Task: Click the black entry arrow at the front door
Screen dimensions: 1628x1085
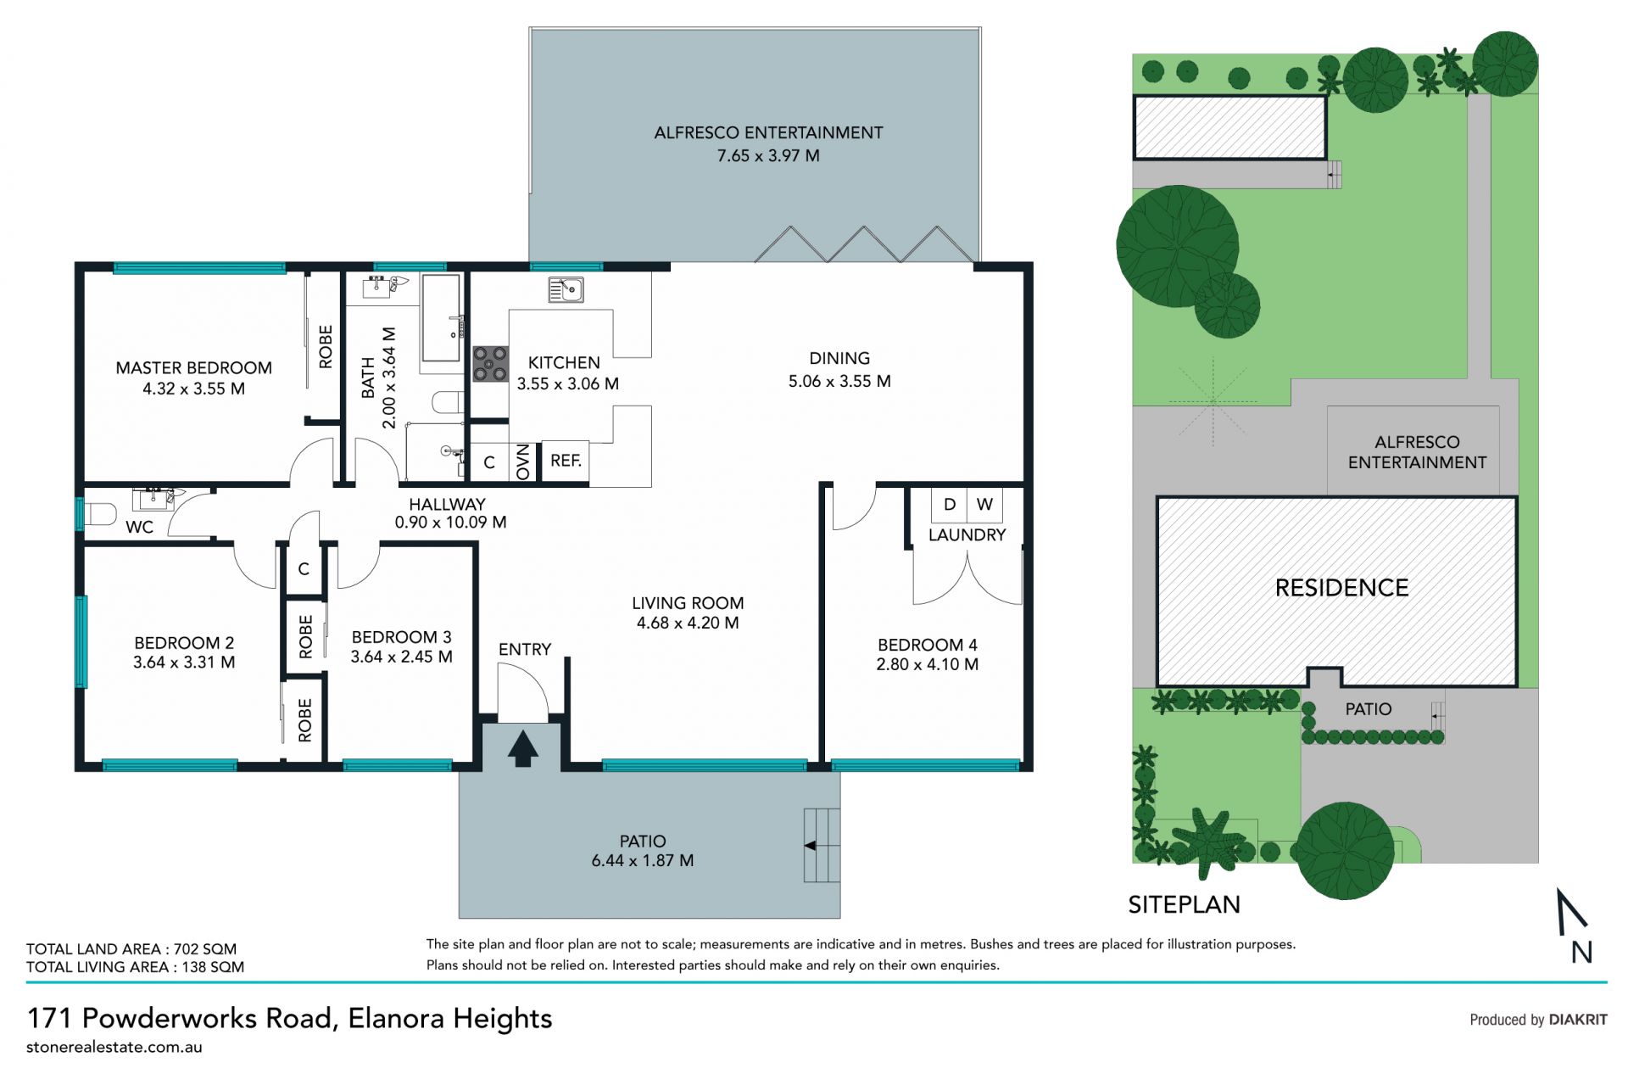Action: tap(522, 749)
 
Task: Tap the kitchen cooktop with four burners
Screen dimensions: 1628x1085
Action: tap(490, 363)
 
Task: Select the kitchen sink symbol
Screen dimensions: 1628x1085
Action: tap(566, 289)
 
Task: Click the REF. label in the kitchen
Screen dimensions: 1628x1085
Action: tap(566, 461)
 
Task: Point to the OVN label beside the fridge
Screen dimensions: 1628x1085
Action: tap(523, 461)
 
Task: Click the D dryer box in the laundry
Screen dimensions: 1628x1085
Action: tap(950, 504)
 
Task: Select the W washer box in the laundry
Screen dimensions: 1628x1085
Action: tap(984, 504)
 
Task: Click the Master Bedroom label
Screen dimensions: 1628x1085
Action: tap(193, 368)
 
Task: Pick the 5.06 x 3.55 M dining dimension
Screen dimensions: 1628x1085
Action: tap(839, 382)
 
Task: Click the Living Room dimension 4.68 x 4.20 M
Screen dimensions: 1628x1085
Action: tap(688, 623)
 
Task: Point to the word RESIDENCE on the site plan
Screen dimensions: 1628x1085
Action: tap(1341, 588)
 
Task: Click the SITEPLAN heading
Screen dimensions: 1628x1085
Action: tap(1184, 904)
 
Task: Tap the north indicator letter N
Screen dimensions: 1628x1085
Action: tap(1581, 952)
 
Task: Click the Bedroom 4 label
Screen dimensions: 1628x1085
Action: tap(927, 645)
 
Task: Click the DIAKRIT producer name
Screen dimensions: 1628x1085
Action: tap(1578, 1020)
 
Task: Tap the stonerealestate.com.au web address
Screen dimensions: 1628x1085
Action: tap(114, 1047)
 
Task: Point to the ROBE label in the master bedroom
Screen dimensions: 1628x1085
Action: tap(326, 346)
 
